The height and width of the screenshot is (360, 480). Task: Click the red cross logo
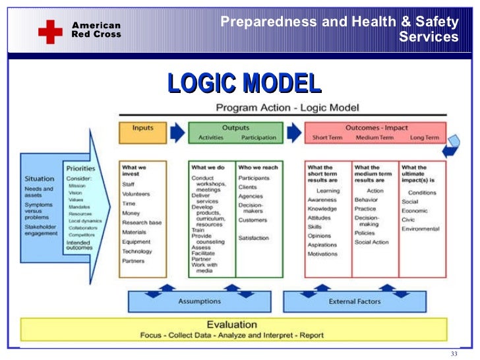coord(50,30)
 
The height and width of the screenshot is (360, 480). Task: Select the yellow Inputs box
coord(143,133)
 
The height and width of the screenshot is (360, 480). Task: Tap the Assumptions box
coord(199,301)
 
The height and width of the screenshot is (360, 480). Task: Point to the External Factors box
coord(355,301)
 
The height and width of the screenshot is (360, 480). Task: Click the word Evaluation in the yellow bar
coord(231,324)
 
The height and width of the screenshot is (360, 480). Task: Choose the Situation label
coord(40,179)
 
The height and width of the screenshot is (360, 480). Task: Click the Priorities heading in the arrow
coord(81,168)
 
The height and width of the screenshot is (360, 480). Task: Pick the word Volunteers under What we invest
coord(136,194)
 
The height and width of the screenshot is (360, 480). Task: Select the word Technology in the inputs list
coord(137,251)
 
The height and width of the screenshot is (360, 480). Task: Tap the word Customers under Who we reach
coord(253,220)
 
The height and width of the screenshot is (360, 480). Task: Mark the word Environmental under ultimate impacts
coord(420,229)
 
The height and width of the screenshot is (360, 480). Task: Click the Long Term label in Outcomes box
coord(424,138)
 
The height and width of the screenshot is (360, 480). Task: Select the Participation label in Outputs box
coord(258,138)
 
